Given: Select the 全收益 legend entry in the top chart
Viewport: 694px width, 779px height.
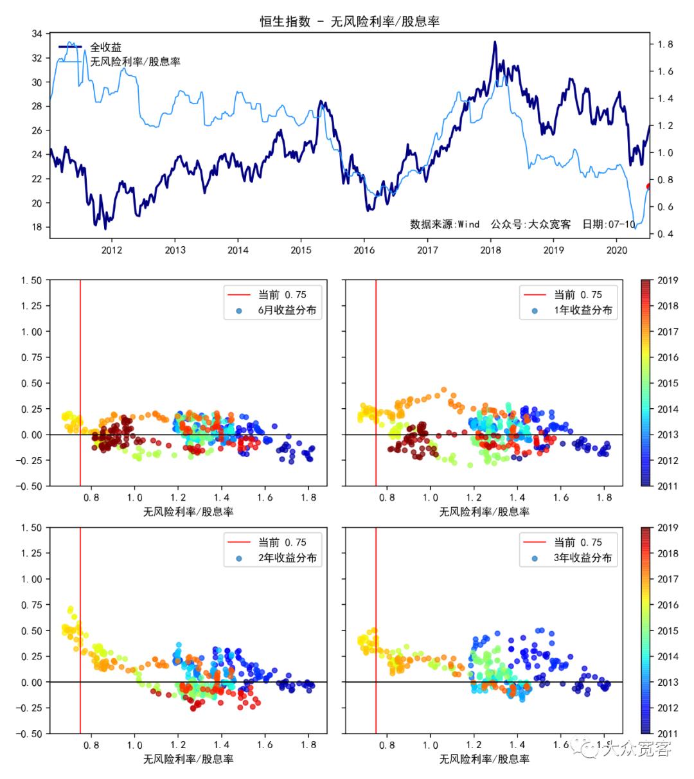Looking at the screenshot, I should [105, 47].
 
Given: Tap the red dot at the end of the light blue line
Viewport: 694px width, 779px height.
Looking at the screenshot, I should [648, 186].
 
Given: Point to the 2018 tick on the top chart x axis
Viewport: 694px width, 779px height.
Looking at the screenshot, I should [490, 249].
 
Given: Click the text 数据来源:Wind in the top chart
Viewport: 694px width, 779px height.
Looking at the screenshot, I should [445, 224].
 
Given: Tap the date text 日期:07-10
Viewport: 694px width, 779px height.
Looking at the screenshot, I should [608, 224].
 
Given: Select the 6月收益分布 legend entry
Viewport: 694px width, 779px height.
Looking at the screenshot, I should [287, 310].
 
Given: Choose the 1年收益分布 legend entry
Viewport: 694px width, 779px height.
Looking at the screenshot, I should [583, 310].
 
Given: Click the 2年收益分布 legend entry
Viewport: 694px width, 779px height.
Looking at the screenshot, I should [287, 558].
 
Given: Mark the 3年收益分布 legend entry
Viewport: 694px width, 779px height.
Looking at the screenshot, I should [583, 558].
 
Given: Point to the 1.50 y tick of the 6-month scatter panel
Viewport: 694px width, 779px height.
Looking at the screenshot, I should [31, 281].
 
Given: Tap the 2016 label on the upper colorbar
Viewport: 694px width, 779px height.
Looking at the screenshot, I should [668, 357].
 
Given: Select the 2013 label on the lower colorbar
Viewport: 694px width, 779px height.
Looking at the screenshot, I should [668, 682].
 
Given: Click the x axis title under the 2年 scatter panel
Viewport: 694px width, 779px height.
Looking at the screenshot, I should [188, 759].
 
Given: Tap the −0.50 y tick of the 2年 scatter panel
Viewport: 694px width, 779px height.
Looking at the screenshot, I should [29, 733].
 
